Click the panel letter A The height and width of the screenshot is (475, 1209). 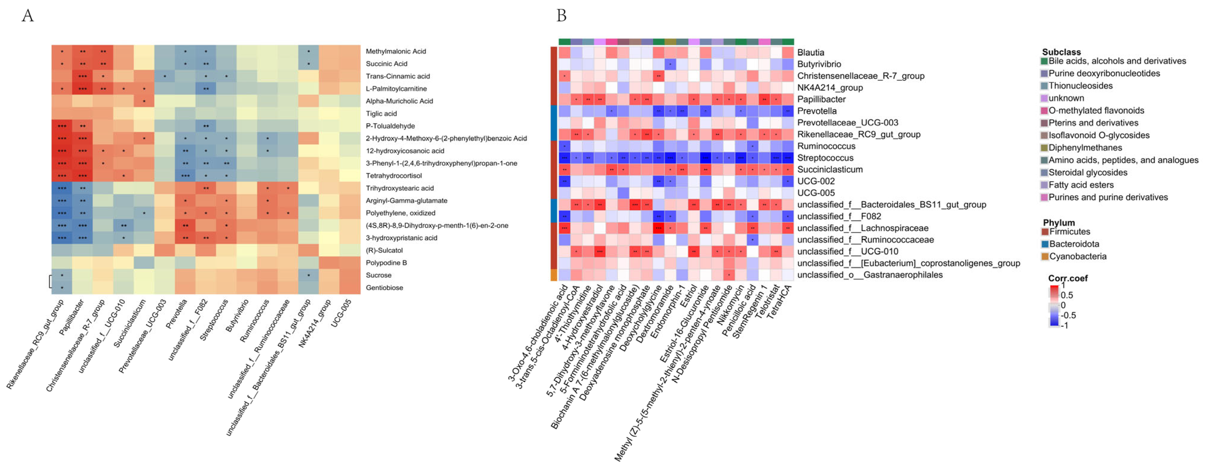[28, 16]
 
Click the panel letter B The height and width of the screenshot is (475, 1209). [561, 16]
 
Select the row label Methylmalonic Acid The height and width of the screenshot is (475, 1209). [396, 51]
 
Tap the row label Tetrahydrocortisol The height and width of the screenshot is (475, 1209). [393, 175]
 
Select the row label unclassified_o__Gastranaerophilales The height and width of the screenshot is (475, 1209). [870, 275]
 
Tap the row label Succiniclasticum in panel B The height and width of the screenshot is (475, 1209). [830, 169]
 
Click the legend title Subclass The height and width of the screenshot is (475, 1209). [1061, 52]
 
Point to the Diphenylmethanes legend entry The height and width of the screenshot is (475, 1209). [1085, 148]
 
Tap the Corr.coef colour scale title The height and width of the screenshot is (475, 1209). [1068, 278]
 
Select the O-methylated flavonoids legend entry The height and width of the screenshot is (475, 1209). [1096, 111]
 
